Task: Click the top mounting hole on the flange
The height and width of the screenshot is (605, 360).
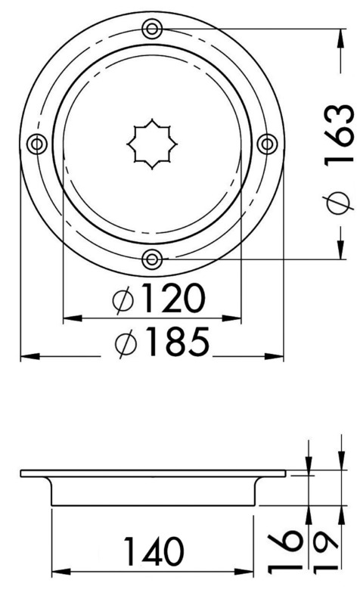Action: [x=152, y=29]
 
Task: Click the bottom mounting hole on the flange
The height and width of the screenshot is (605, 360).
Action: [x=152, y=259]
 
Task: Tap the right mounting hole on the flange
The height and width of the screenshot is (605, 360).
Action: [x=267, y=144]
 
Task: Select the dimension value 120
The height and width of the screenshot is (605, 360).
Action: [x=171, y=300]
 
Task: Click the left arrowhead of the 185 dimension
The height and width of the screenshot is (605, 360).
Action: [x=24, y=356]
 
